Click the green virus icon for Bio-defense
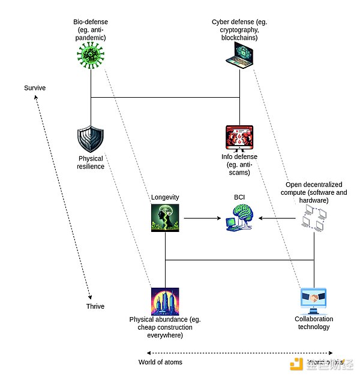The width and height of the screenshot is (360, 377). click(91, 58)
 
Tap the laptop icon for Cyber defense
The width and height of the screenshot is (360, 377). click(239, 59)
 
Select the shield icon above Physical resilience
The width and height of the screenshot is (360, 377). click(91, 140)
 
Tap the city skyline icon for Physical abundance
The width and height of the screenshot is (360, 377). click(165, 301)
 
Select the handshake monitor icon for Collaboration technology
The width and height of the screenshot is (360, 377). click(314, 301)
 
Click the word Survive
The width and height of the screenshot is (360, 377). click(35, 88)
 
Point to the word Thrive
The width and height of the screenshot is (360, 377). click(95, 306)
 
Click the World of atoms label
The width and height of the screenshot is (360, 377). click(160, 362)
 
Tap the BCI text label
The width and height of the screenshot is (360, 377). click(239, 197)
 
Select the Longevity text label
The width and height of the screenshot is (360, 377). click(165, 197)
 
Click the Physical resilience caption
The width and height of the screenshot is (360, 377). click(91, 162)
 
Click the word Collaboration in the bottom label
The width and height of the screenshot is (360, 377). click(314, 319)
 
